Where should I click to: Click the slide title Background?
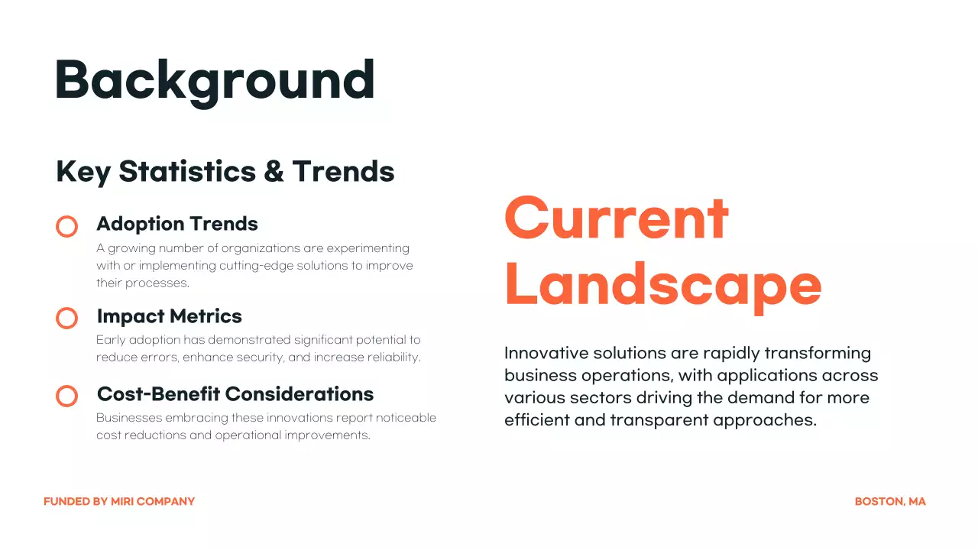tap(215, 80)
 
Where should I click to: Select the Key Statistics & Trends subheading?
tap(225, 171)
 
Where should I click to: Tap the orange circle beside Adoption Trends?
tap(67, 226)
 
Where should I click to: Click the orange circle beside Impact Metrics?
tap(67, 319)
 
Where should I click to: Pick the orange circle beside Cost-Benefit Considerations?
tap(67, 396)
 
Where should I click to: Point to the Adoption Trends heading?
tap(177, 224)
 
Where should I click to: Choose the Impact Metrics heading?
tap(169, 316)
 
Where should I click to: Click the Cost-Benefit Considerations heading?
tap(235, 394)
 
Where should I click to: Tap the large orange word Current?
tap(616, 218)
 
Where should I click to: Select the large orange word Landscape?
tap(662, 285)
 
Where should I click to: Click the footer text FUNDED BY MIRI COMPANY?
tap(119, 502)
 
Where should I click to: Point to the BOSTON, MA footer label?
tap(890, 502)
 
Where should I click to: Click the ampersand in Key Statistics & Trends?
tap(273, 172)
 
